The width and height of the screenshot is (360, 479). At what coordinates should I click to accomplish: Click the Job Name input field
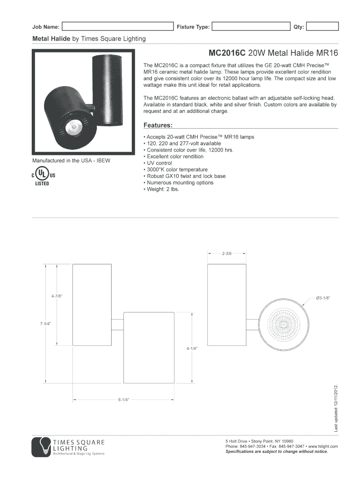point(117,27)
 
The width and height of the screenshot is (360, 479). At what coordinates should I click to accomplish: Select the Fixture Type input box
point(251,27)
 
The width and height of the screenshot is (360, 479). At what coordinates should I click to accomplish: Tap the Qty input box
point(322,27)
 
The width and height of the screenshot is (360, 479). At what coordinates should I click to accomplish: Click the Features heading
point(158,125)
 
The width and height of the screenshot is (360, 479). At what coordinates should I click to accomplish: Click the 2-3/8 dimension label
point(227,254)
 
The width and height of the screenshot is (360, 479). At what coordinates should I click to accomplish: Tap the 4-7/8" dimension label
point(57,296)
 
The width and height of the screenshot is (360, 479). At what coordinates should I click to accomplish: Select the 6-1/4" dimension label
point(123,400)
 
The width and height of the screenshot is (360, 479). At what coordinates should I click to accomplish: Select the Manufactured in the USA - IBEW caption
point(71,161)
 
